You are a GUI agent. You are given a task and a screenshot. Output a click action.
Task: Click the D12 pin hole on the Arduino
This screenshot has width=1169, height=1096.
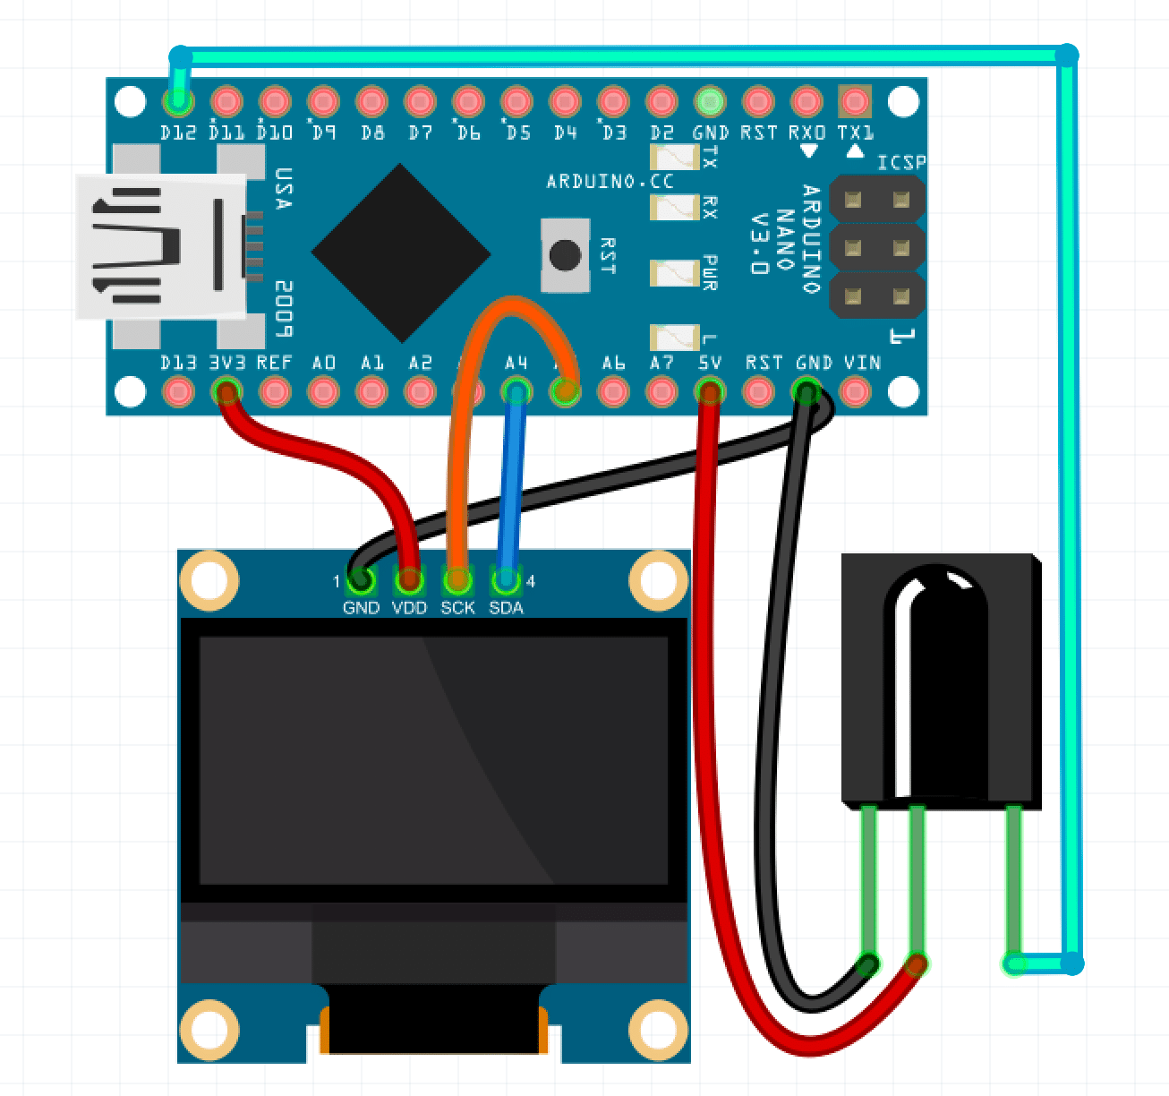point(179,101)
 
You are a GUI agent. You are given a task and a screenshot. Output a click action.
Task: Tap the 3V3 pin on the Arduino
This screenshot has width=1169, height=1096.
point(226,391)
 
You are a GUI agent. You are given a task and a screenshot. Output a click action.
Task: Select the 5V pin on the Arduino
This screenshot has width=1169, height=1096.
point(710,391)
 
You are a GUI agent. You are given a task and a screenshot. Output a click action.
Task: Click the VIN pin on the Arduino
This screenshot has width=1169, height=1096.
point(856,391)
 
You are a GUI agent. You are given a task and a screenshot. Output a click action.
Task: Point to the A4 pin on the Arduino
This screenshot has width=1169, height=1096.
point(516,391)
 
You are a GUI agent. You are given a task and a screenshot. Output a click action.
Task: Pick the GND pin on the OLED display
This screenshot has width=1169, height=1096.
point(361,582)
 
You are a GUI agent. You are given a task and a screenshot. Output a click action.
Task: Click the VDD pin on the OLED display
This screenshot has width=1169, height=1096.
point(409,582)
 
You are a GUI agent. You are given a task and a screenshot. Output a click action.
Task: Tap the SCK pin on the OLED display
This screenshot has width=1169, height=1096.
point(457,582)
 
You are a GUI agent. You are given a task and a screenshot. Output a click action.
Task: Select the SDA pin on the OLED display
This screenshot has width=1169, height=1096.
point(506,582)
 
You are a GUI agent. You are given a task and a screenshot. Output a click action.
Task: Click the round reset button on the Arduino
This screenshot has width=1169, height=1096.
point(565,255)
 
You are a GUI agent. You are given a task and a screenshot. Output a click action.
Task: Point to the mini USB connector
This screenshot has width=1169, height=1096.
point(161,246)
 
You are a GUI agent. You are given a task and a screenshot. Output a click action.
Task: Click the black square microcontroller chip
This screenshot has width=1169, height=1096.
point(400,253)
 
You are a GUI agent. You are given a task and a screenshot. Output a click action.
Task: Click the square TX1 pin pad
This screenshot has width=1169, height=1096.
point(855,101)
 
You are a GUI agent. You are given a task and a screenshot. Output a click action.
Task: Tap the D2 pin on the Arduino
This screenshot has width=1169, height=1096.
point(661,101)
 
